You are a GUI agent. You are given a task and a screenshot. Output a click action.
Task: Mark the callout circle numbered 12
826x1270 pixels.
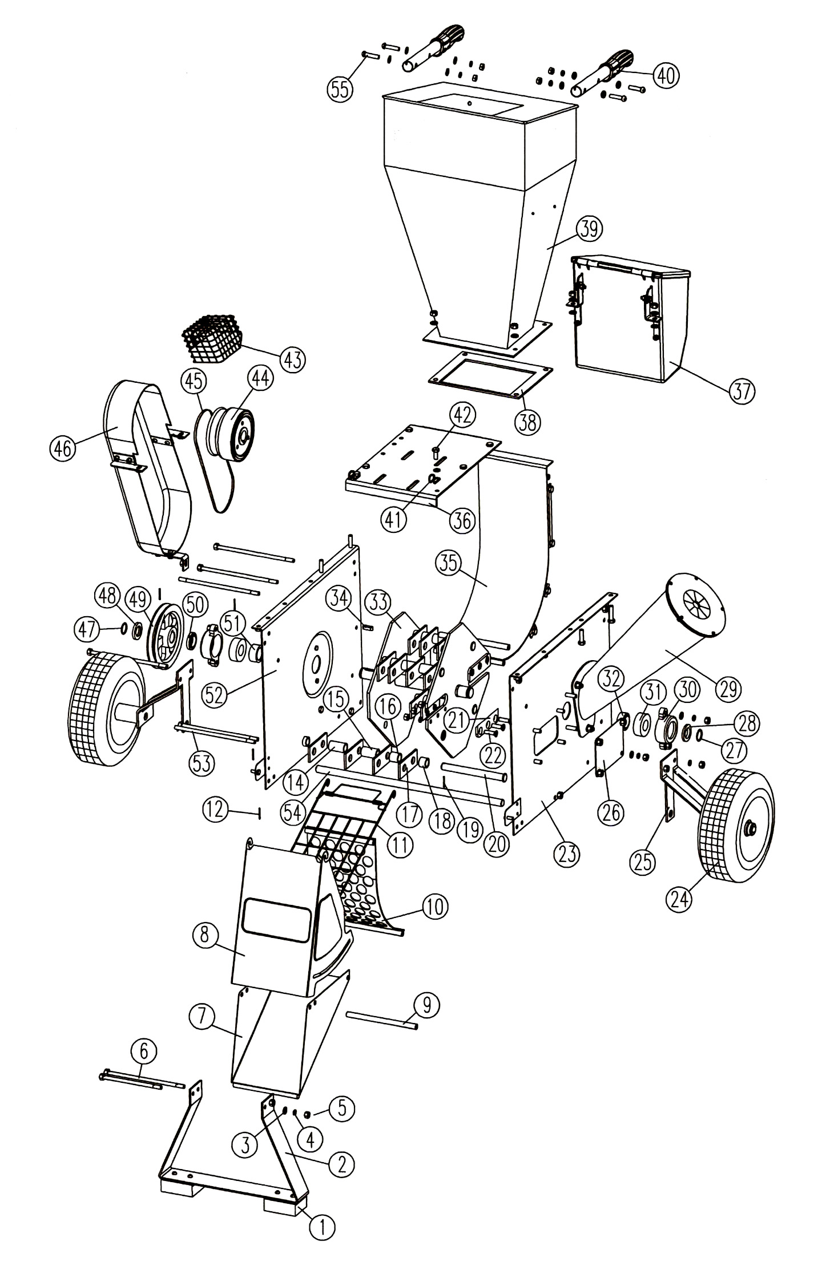[x=216, y=810]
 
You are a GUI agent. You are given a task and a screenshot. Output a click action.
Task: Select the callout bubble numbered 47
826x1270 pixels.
[x=87, y=630]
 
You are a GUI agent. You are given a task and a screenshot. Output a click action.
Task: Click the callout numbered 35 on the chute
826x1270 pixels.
[x=449, y=565]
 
